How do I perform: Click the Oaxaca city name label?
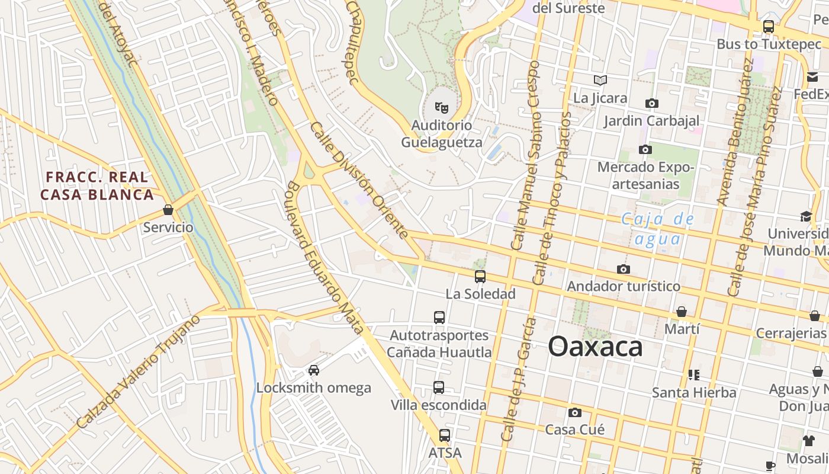click(595, 346)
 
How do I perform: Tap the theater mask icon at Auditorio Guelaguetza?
click(441, 108)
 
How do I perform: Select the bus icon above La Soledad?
click(480, 276)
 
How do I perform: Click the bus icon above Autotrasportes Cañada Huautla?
click(439, 317)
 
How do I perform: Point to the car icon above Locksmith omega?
click(314, 370)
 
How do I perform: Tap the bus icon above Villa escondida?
click(439, 387)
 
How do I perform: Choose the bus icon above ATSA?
click(444, 435)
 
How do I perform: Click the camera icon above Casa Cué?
click(574, 412)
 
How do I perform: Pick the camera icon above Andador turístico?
click(623, 270)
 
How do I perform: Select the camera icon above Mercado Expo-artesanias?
click(645, 150)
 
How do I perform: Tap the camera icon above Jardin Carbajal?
click(651, 104)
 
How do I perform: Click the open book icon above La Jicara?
click(600, 80)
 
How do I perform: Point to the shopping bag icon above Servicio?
click(168, 210)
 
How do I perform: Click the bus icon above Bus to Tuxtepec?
click(769, 27)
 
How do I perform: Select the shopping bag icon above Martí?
click(682, 312)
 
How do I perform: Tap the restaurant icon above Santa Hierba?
click(694, 374)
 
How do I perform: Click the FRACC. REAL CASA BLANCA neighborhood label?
click(97, 185)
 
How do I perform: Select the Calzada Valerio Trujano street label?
click(138, 371)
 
